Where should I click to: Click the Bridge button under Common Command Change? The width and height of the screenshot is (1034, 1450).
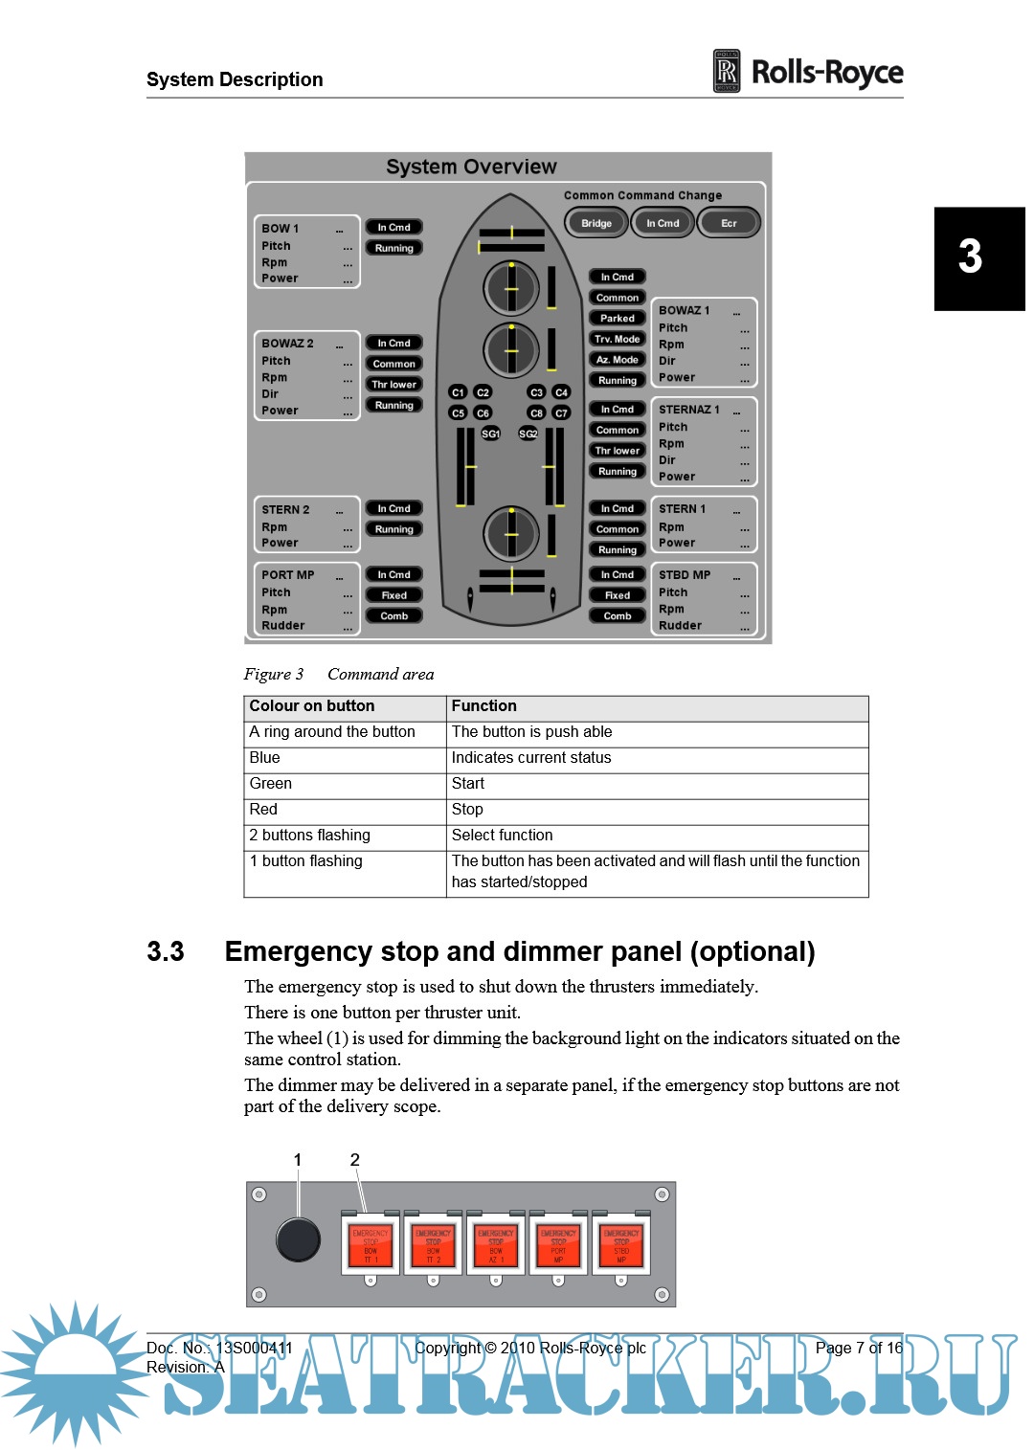(x=596, y=223)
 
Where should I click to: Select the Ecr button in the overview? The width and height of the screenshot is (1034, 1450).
(x=729, y=223)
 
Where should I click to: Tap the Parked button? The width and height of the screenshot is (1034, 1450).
(x=618, y=318)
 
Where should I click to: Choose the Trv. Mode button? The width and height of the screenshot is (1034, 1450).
(x=618, y=339)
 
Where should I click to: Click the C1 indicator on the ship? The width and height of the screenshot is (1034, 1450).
(x=458, y=392)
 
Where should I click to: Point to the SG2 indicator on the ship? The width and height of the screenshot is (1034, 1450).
(x=528, y=434)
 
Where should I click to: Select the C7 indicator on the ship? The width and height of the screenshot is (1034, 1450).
(x=561, y=413)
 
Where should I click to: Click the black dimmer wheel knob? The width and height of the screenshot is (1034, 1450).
(x=298, y=1239)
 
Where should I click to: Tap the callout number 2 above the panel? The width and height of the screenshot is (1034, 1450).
(x=355, y=1160)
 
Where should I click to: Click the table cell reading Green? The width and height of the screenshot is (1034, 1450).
(x=271, y=784)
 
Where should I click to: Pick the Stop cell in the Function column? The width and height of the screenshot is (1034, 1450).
(x=468, y=810)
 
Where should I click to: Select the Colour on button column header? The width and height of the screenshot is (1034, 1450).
(x=312, y=706)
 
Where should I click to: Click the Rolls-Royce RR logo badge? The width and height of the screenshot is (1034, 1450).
(x=727, y=72)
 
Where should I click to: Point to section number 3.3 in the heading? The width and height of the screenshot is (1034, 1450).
(x=166, y=952)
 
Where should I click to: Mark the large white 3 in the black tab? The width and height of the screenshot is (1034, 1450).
(x=970, y=257)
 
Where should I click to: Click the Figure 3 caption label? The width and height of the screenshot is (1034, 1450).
(x=274, y=675)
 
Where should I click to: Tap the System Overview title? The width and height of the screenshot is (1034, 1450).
(x=471, y=167)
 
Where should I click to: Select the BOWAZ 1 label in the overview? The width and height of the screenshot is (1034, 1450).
(x=685, y=310)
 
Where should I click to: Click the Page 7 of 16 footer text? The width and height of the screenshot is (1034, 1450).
(x=859, y=1348)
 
